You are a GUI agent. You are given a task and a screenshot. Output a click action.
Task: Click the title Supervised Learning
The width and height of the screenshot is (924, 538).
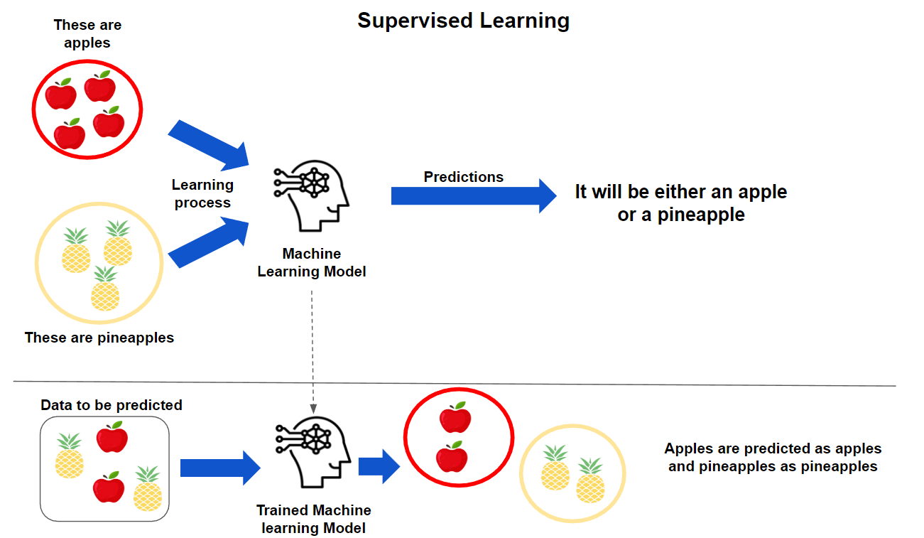point(463,21)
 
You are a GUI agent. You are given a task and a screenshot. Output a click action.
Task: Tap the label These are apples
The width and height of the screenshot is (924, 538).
point(87,33)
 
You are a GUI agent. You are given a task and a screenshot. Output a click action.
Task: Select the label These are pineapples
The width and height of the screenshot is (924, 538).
point(99,338)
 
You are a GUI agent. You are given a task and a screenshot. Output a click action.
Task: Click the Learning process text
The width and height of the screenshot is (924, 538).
point(202,193)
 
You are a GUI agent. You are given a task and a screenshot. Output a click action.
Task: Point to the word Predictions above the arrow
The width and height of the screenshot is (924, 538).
point(463,177)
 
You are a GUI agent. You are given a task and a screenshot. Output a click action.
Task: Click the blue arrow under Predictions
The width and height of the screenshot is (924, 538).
point(473,195)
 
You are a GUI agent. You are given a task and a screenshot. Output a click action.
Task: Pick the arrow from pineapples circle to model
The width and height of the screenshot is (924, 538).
point(210,242)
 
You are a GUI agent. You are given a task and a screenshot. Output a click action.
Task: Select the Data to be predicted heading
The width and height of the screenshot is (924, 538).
point(112,405)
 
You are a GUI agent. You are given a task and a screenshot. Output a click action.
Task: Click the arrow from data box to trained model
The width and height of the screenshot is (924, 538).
point(220,468)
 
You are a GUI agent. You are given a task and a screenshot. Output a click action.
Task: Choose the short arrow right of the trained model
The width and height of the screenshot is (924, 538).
point(379,466)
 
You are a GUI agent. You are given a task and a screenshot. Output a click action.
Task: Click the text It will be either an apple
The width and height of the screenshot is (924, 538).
point(680,192)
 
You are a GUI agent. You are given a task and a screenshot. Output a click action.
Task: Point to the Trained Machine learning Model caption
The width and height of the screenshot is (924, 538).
point(313,519)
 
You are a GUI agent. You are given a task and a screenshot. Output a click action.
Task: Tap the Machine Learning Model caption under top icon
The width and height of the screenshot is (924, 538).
point(312,262)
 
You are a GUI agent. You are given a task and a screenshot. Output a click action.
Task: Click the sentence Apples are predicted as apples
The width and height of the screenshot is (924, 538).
point(773,448)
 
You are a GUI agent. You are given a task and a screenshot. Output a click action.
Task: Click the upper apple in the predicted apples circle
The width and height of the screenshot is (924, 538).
point(455,418)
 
